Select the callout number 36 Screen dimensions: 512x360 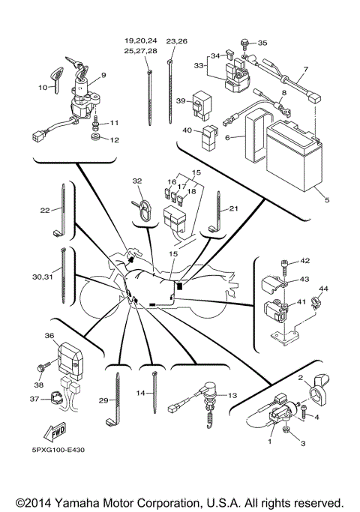(x=50, y=337)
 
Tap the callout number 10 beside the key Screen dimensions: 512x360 (x=42, y=88)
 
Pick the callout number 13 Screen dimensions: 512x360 (x=232, y=395)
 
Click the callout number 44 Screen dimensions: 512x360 (x=324, y=289)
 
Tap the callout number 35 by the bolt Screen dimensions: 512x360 (x=262, y=43)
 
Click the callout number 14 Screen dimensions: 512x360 (x=139, y=393)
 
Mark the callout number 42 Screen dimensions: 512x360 (x=304, y=261)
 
